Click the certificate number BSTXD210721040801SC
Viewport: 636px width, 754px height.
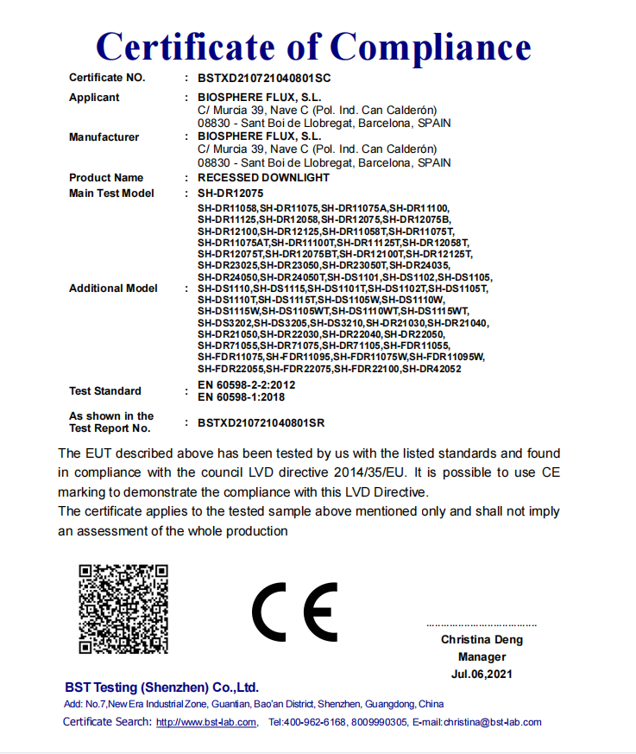pos(263,78)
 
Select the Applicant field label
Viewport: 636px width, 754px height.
pos(94,98)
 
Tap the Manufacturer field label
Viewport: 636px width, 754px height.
pos(104,136)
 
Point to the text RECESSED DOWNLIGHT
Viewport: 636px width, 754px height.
pos(263,177)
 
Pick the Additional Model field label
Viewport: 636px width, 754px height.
pos(113,288)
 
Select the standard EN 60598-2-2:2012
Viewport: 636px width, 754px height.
pos(246,385)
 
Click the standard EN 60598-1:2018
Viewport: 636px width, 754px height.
pos(241,397)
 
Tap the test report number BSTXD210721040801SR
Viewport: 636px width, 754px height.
pos(261,422)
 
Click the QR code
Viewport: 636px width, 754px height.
pos(123,608)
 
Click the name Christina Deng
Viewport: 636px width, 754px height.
pos(482,640)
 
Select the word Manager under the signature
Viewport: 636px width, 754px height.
pos(482,656)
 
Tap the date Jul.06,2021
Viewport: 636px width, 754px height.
pos(482,674)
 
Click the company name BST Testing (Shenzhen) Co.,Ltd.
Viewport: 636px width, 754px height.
pos(161,687)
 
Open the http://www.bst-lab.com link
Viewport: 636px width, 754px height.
pos(205,722)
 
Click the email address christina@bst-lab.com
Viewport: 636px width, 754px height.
pos(492,722)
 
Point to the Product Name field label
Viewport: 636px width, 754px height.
pos(106,177)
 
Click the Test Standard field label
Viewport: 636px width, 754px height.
pos(105,391)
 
